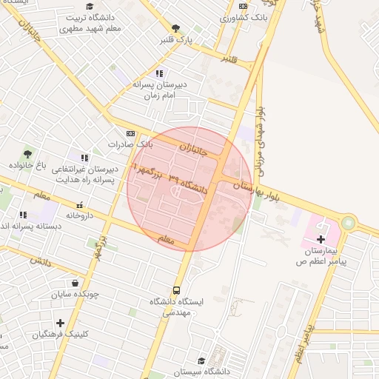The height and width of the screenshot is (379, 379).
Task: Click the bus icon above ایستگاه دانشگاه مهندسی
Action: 176,290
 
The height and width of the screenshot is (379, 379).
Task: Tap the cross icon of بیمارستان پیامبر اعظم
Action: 321,238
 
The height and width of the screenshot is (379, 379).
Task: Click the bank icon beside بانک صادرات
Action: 131,133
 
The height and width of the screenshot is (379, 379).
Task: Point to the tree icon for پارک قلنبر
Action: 175,28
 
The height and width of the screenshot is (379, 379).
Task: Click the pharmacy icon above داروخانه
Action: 79,204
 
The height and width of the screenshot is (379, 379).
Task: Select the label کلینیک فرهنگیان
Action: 61,335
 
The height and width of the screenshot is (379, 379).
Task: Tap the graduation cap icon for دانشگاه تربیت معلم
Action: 89,6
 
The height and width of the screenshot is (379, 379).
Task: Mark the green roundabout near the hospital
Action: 348,223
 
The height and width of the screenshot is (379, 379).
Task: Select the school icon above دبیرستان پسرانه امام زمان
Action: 159,73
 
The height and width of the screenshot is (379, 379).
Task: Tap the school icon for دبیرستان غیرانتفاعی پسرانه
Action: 84,158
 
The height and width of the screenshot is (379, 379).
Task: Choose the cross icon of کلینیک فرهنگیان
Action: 60,323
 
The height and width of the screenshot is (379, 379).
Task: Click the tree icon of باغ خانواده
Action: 27,154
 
